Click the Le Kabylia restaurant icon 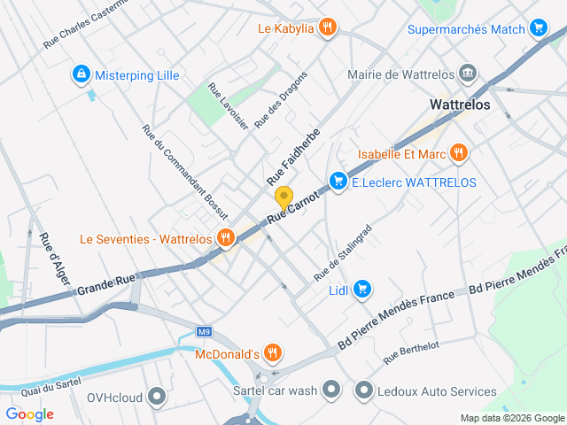tap(328, 27)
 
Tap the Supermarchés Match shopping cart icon tap(538, 28)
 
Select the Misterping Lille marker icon tap(81, 74)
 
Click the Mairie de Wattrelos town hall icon tap(469, 74)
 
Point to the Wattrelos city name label tap(459, 104)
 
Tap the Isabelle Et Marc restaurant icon tap(457, 153)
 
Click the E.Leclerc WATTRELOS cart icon tap(338, 182)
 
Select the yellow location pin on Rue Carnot tap(283, 197)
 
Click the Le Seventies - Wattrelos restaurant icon tap(226, 237)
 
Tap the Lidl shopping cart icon tap(361, 288)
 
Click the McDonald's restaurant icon tap(273, 353)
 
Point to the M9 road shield tap(205, 332)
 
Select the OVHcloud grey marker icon tap(158, 396)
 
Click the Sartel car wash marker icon tap(331, 390)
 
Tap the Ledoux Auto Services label tap(438, 390)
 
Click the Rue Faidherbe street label tap(292, 154)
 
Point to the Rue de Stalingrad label tap(343, 253)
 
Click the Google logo tap(29, 413)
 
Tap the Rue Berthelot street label tap(411, 352)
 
